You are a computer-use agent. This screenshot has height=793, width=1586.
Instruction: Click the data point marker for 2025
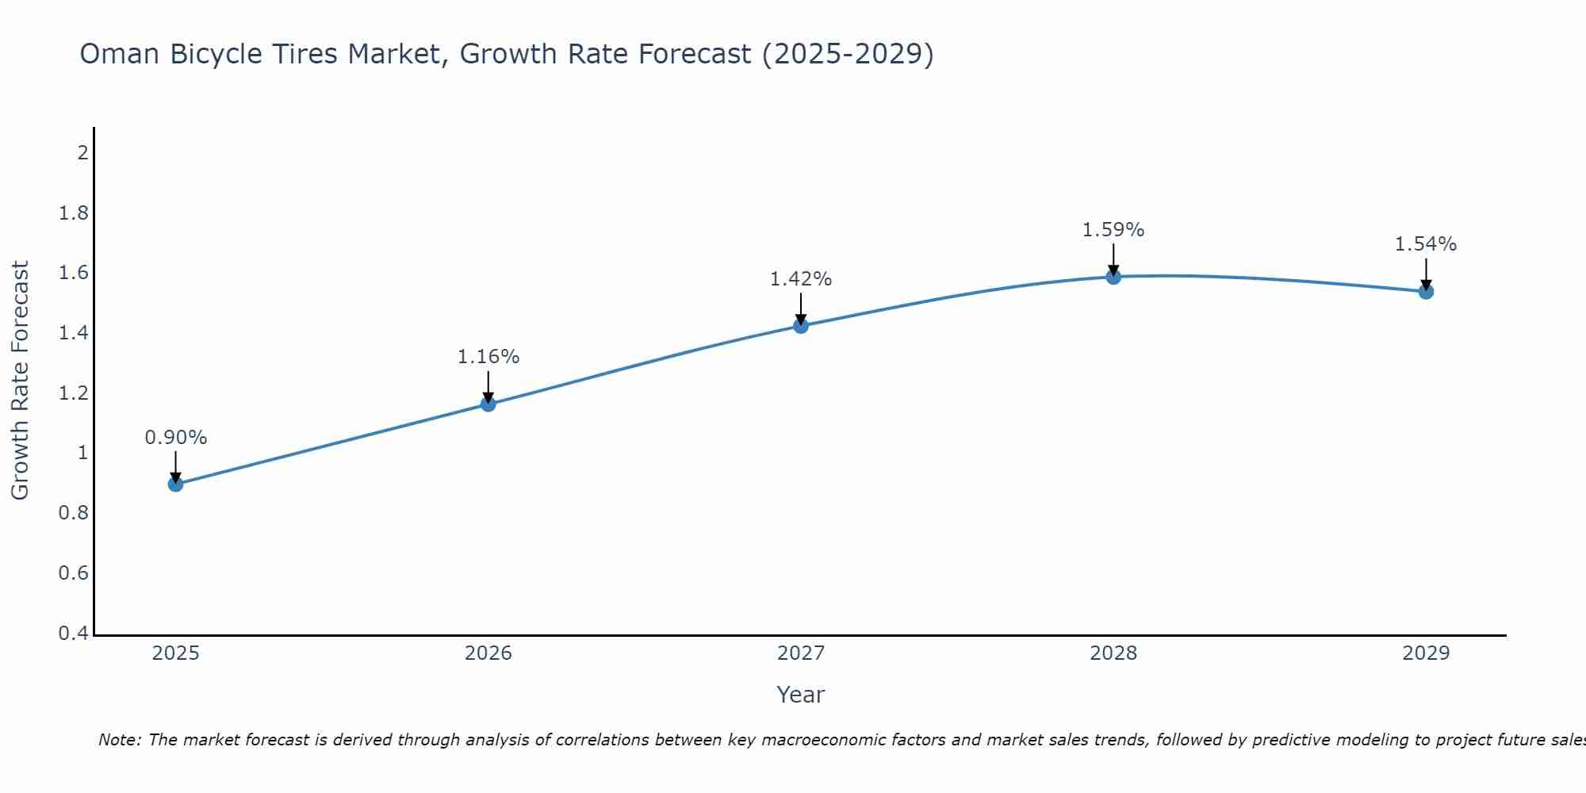click(175, 484)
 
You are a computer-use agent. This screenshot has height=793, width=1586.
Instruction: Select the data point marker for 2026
click(488, 404)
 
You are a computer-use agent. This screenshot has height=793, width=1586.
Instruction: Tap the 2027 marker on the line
click(800, 325)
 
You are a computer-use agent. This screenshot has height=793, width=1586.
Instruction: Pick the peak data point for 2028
click(1113, 276)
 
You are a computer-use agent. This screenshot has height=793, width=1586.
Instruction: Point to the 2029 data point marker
click(1425, 291)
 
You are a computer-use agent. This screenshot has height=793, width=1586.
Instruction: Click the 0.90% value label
click(175, 438)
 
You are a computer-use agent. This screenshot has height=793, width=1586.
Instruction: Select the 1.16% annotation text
click(488, 357)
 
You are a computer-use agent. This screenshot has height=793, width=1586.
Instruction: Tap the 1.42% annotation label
click(800, 279)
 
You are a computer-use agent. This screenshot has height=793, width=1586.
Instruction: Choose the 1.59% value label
click(1113, 230)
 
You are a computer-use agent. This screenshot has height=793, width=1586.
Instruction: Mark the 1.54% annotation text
click(1425, 244)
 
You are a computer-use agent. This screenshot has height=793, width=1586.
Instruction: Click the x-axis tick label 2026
click(488, 653)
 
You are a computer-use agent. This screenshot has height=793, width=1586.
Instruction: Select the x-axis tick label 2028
click(1113, 653)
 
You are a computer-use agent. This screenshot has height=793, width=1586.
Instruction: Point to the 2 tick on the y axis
click(82, 152)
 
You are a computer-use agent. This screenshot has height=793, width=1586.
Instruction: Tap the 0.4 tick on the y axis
click(74, 634)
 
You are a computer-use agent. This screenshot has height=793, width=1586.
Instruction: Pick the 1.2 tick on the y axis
click(74, 393)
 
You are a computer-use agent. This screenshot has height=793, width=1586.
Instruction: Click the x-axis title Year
click(800, 695)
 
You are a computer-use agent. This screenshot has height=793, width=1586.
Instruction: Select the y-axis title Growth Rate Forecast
click(20, 381)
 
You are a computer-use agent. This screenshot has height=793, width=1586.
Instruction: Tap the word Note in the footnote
click(119, 740)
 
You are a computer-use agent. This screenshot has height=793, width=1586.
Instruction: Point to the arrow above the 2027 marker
click(800, 308)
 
